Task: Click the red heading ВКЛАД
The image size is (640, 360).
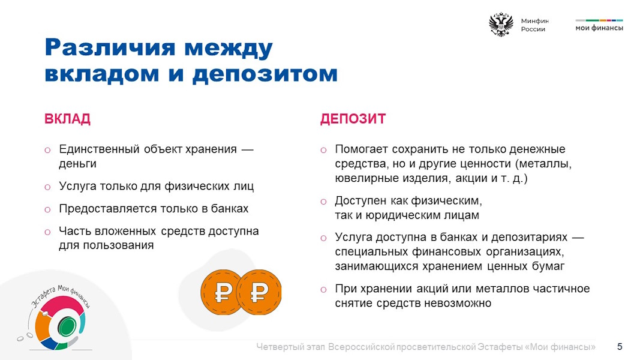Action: point(67,119)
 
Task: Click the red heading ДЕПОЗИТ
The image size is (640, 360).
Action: point(353,119)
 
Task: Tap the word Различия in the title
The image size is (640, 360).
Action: point(110,48)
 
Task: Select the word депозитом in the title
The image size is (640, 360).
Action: point(265,74)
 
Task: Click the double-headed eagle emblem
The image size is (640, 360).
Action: point(501,25)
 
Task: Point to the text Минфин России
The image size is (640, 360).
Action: point(534,25)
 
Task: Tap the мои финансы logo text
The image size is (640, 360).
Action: point(599,28)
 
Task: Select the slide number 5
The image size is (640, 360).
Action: point(620,347)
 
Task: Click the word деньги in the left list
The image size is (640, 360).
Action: point(77,164)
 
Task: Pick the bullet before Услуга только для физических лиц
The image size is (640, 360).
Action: point(47,187)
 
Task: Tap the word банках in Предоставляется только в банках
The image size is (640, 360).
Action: point(229,209)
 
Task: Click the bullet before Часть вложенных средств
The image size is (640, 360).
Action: point(47,232)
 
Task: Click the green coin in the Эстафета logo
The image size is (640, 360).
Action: point(66,326)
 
